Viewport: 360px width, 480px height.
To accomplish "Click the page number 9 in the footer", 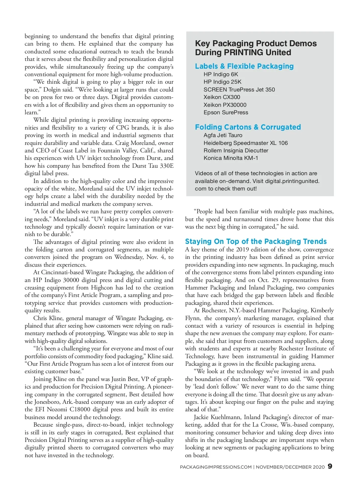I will point(330,466).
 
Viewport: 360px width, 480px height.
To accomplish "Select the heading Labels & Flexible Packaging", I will point(244,66).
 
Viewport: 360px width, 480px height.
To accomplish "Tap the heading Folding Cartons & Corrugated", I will point(248,127).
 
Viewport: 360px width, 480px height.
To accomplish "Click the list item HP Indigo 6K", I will point(220,74).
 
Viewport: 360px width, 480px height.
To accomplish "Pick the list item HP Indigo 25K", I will point(222,82).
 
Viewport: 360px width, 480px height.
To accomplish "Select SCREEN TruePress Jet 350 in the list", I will point(239,90).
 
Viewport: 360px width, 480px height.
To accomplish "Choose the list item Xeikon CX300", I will point(222,97).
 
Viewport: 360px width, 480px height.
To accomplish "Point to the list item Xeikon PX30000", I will point(225,105).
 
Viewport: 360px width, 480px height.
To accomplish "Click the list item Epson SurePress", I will point(226,112).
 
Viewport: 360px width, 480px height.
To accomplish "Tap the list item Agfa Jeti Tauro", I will point(223,135).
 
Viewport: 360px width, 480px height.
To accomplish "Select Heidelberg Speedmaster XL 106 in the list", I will point(245,143).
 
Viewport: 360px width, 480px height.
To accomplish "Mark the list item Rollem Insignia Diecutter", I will point(236,151).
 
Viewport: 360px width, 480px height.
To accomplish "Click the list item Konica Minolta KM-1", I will point(231,158).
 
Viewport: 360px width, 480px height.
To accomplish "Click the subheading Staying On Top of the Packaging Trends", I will point(256,241).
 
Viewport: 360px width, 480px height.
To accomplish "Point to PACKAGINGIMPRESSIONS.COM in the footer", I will point(216,467).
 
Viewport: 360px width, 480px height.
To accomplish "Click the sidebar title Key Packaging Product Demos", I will point(256,44).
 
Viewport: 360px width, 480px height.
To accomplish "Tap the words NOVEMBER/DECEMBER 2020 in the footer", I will point(290,467).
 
